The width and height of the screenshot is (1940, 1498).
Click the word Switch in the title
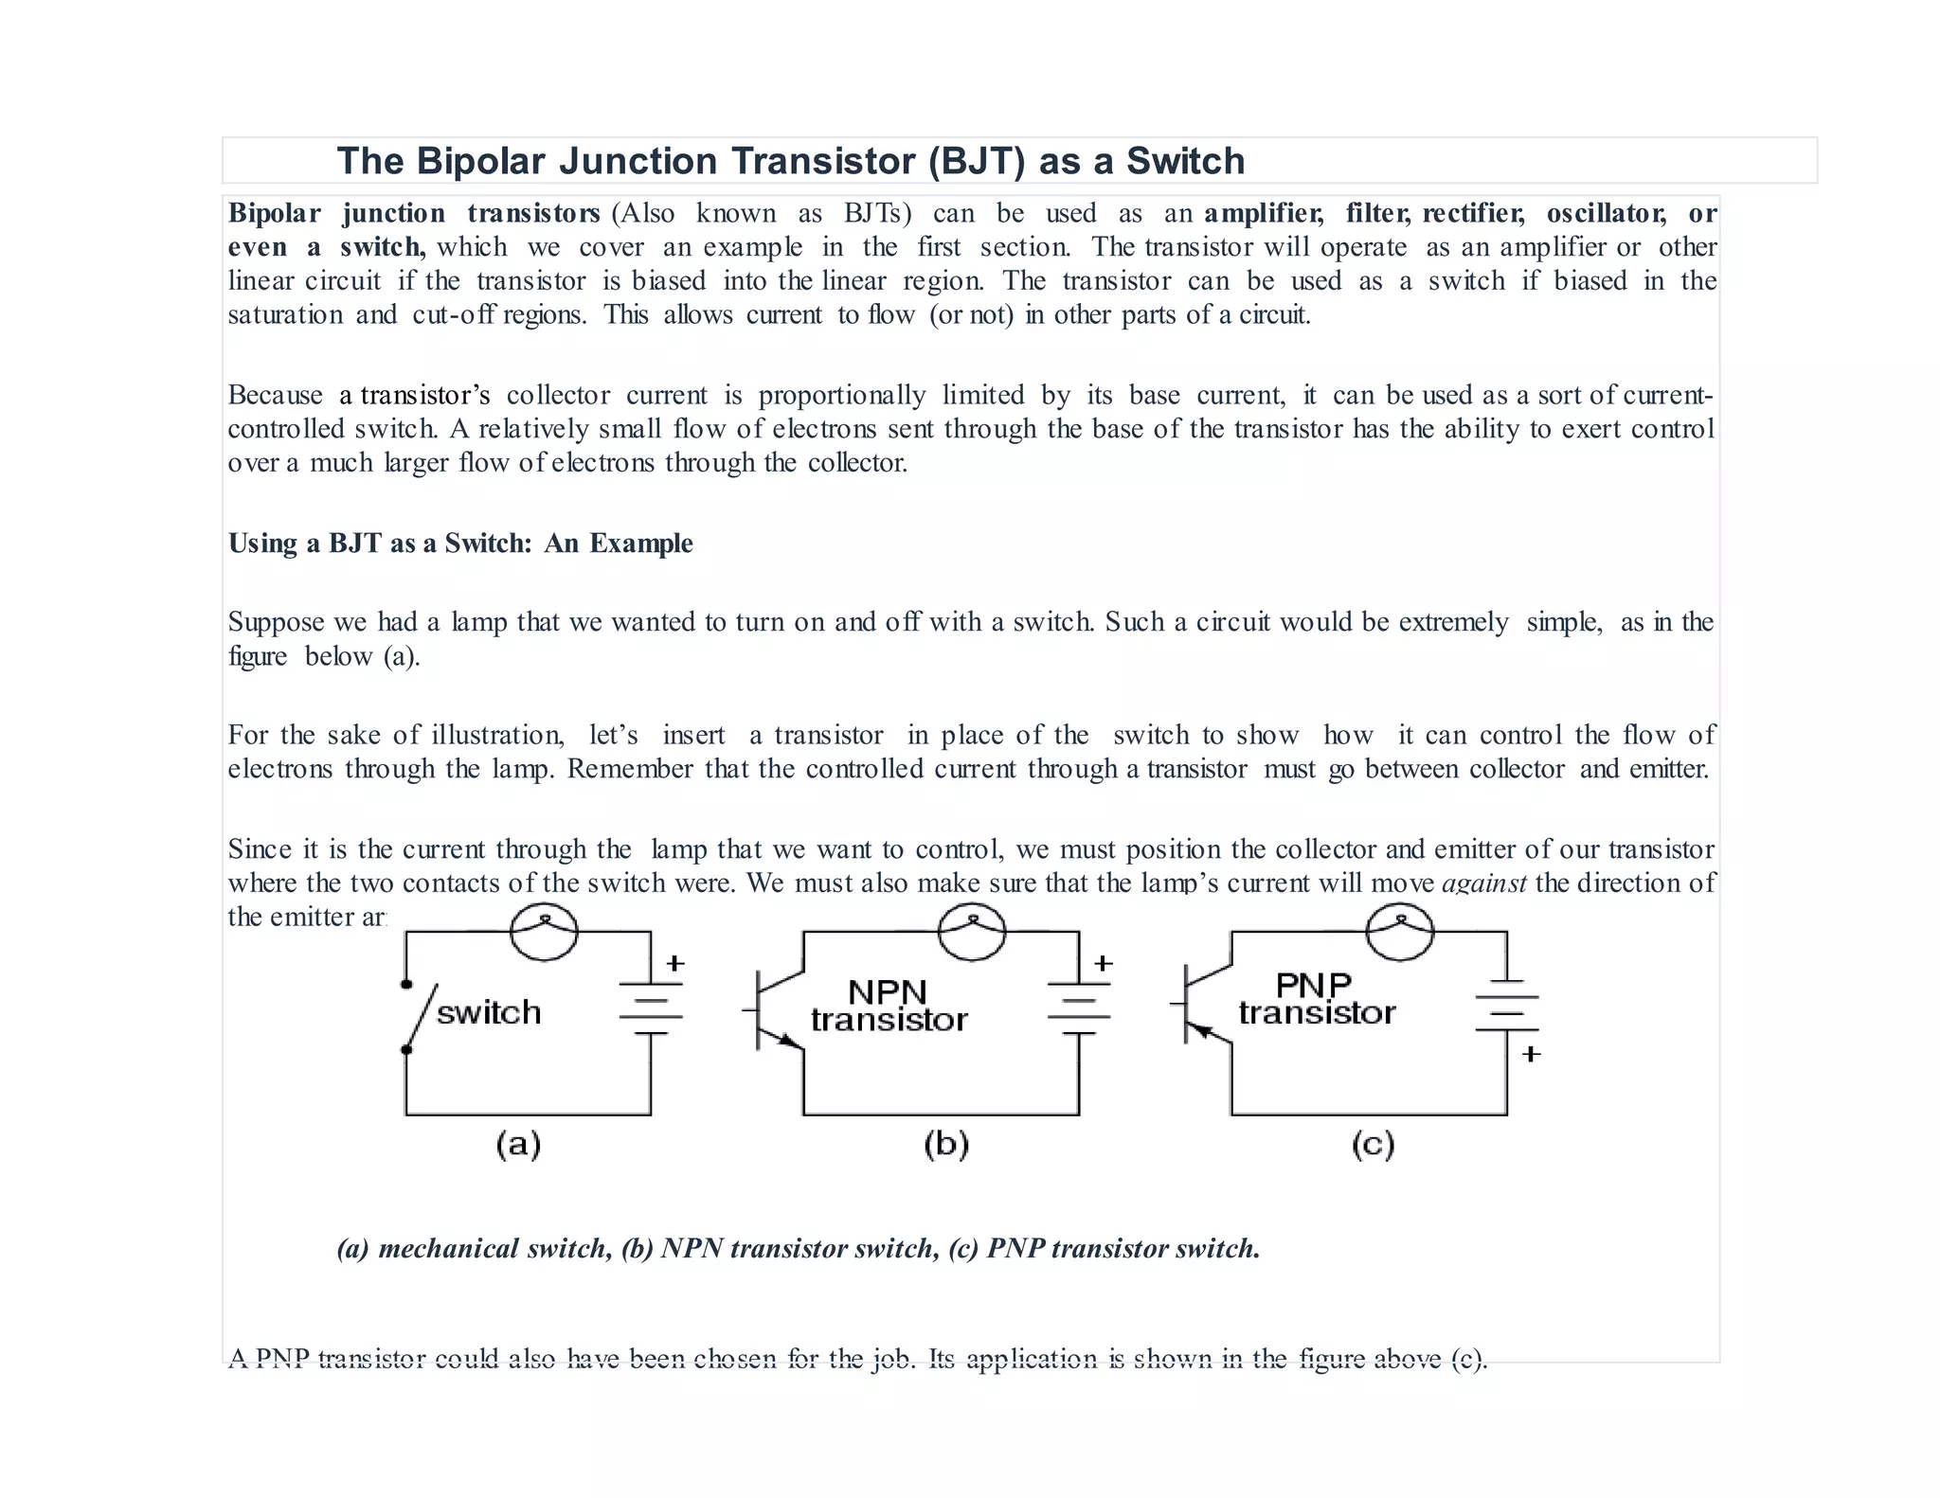click(x=1185, y=161)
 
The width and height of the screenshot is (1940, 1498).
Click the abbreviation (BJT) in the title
click(x=976, y=161)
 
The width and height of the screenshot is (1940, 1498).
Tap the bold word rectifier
click(x=1473, y=213)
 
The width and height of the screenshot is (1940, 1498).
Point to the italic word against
click(x=1483, y=883)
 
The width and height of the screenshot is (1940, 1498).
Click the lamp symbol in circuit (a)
click(x=544, y=932)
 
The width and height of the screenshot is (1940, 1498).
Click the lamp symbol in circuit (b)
click(x=972, y=932)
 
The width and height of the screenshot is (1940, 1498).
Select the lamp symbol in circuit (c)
click(x=1400, y=932)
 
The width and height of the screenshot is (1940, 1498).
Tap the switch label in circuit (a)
click(x=489, y=1012)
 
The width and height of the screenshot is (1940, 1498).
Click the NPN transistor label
click(x=889, y=1006)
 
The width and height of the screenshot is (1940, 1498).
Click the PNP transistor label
click(x=1317, y=999)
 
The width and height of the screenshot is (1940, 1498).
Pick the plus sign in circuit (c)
click(x=1531, y=1054)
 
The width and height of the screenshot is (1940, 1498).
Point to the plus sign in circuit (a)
click(x=674, y=964)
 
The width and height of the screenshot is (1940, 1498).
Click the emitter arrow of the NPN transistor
click(x=788, y=1040)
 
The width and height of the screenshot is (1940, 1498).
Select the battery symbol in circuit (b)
click(x=1079, y=1008)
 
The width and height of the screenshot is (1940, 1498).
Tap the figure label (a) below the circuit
click(x=518, y=1145)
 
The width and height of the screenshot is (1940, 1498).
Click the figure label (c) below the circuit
click(x=1373, y=1145)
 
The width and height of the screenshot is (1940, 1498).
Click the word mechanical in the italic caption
click(x=448, y=1249)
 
